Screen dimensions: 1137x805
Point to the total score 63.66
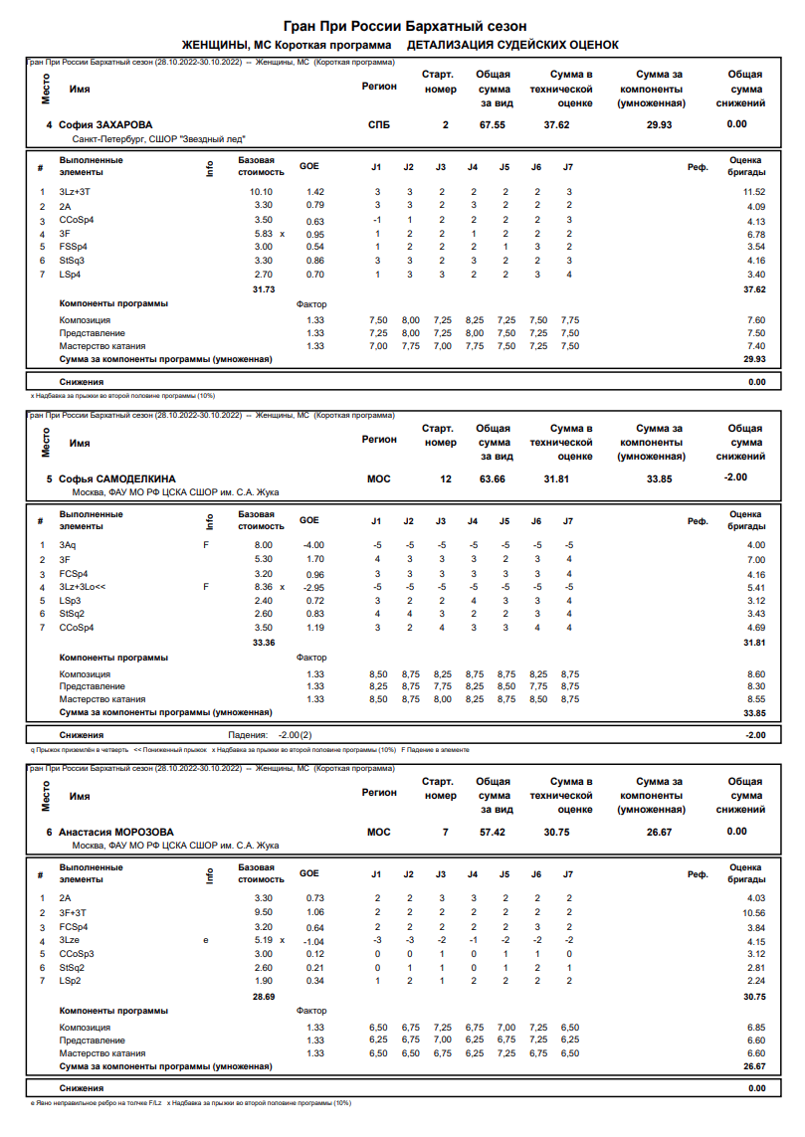point(492,478)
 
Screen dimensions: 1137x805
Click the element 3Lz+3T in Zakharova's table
point(76,191)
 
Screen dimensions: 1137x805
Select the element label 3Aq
point(67,544)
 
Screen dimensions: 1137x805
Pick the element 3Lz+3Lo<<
point(83,587)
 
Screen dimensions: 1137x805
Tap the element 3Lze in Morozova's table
point(70,940)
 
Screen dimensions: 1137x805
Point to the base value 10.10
point(261,191)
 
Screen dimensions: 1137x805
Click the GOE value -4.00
point(313,544)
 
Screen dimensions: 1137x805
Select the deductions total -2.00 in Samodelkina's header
point(736,478)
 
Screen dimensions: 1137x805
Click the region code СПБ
point(379,125)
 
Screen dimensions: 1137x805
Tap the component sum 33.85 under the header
point(659,478)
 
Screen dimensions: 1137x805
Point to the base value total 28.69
point(264,996)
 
